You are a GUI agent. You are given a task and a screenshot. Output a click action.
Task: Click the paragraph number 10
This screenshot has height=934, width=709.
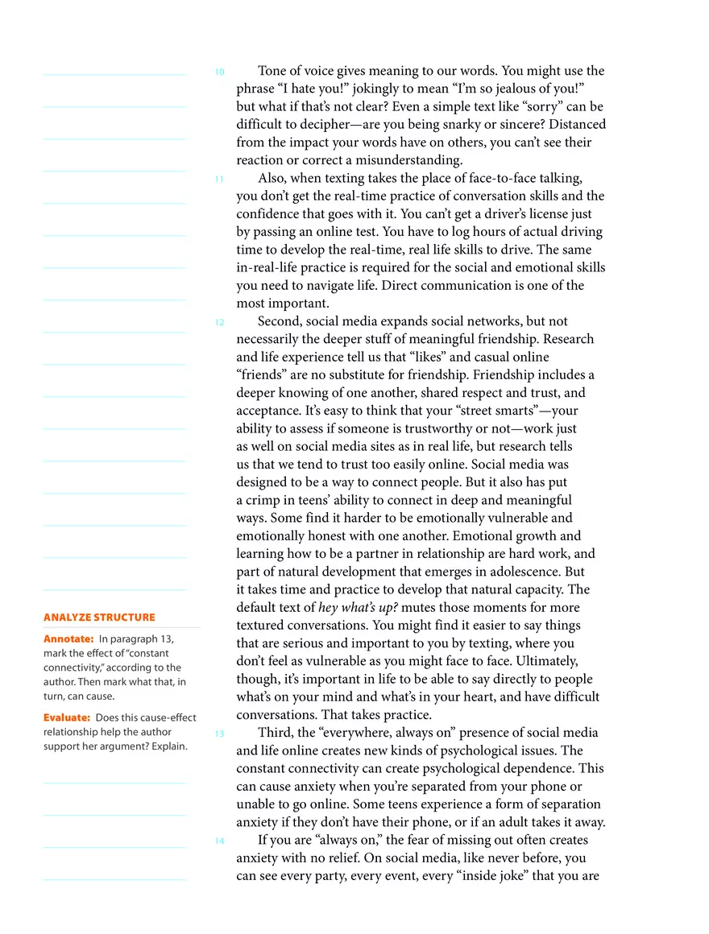click(219, 72)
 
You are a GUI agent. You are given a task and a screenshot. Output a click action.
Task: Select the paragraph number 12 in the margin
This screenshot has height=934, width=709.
click(219, 323)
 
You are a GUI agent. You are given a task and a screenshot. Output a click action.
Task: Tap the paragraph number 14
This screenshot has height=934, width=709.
click(219, 841)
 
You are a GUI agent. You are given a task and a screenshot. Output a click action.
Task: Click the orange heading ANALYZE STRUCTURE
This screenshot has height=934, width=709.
click(99, 618)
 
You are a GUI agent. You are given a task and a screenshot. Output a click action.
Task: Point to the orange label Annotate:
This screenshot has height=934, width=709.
click(68, 639)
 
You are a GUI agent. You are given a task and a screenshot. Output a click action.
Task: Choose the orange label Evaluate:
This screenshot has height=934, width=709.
click(67, 717)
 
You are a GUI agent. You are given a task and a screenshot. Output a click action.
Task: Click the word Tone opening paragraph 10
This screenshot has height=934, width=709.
click(275, 71)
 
